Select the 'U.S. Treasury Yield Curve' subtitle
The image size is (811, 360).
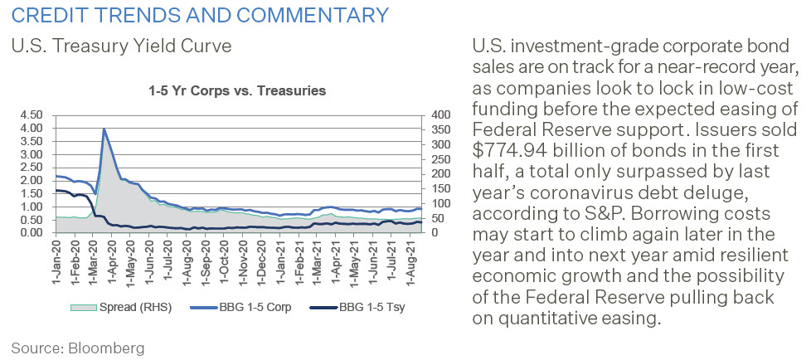(x=114, y=46)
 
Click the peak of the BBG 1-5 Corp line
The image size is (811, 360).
(x=104, y=129)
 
